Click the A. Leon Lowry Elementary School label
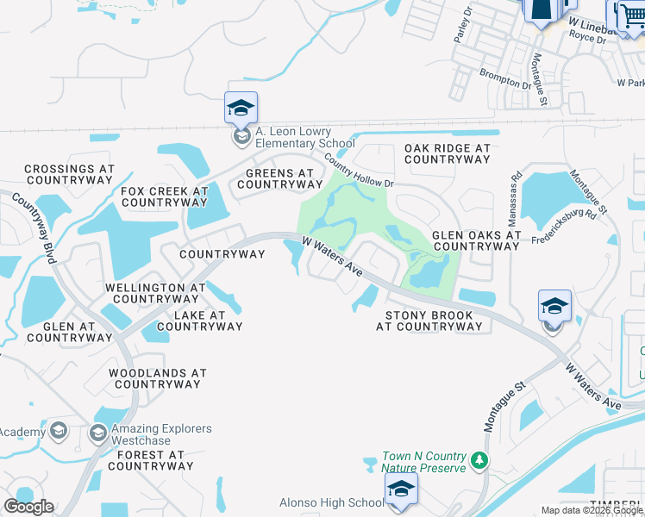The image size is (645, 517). [x=304, y=137]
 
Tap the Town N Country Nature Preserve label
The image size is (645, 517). [x=425, y=462]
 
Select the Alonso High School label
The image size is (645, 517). [x=332, y=502]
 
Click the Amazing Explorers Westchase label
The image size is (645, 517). [x=161, y=434]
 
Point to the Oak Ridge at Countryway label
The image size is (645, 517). [x=448, y=154]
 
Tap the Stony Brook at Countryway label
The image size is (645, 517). [x=429, y=321]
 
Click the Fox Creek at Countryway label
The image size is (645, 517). [x=165, y=197]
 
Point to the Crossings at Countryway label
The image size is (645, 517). [x=70, y=175]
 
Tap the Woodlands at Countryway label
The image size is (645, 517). [x=158, y=379]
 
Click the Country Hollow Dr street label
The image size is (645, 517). [x=359, y=171]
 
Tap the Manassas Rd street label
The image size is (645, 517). [x=517, y=188]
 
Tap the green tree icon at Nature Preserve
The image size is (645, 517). [x=480, y=462]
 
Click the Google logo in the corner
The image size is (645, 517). [x=29, y=507]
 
